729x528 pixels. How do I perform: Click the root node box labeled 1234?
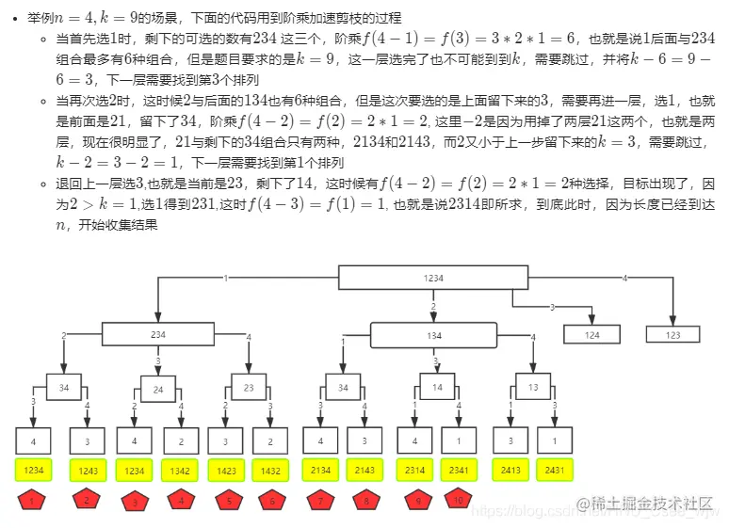432,279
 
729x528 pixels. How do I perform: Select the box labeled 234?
158,334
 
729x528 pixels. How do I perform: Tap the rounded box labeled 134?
434,335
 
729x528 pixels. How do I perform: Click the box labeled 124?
591,334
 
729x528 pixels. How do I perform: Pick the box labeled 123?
672,334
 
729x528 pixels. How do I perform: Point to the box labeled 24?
158,389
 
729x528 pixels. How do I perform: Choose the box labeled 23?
250,387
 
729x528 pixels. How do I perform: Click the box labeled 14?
438,387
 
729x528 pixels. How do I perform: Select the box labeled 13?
533,387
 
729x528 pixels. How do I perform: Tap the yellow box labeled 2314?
413,469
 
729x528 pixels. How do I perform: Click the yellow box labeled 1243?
86,469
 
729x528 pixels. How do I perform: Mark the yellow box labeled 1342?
180,469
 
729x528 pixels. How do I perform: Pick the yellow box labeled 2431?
554,469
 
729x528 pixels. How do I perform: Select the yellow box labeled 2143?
365,469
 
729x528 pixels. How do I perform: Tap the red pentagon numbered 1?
32,501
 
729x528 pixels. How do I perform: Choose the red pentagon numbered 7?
320,501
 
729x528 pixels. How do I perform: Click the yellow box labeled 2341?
458,469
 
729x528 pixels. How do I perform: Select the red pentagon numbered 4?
180,501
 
